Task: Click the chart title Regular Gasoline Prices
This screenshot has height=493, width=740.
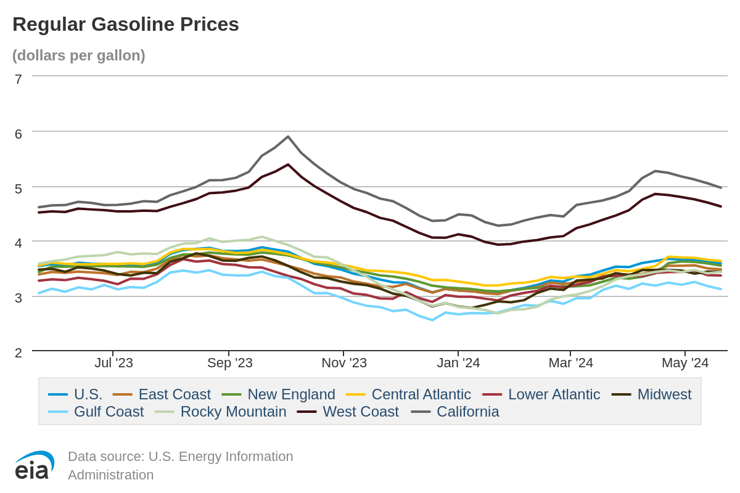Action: [x=126, y=24]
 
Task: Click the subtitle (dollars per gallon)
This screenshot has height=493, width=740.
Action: [x=79, y=55]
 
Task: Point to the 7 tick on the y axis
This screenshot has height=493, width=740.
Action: [x=18, y=79]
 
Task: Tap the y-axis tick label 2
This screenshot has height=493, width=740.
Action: [x=18, y=353]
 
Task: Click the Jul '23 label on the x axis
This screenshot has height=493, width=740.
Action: [x=113, y=363]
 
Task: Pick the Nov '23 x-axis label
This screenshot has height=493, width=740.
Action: [x=344, y=363]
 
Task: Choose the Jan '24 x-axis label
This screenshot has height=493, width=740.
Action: [x=458, y=363]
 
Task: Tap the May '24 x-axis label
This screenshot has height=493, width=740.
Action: [x=685, y=363]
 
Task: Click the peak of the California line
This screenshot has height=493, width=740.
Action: [x=288, y=137]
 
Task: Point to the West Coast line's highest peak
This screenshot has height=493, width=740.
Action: [x=288, y=165]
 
